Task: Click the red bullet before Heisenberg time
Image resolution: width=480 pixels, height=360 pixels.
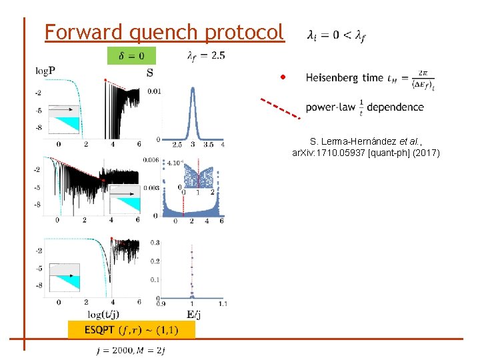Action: [283, 77]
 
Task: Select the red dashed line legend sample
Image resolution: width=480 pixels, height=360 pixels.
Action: [279, 107]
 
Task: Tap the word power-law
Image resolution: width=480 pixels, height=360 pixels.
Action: [327, 107]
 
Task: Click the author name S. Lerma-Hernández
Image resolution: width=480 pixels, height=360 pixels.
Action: [350, 142]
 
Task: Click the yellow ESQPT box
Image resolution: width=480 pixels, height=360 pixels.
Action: [131, 329]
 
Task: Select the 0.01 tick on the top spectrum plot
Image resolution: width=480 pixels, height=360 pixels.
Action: [153, 91]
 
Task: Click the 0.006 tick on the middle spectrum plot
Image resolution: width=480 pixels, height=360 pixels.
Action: [151, 160]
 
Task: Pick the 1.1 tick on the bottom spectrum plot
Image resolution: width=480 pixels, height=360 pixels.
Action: [222, 304]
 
